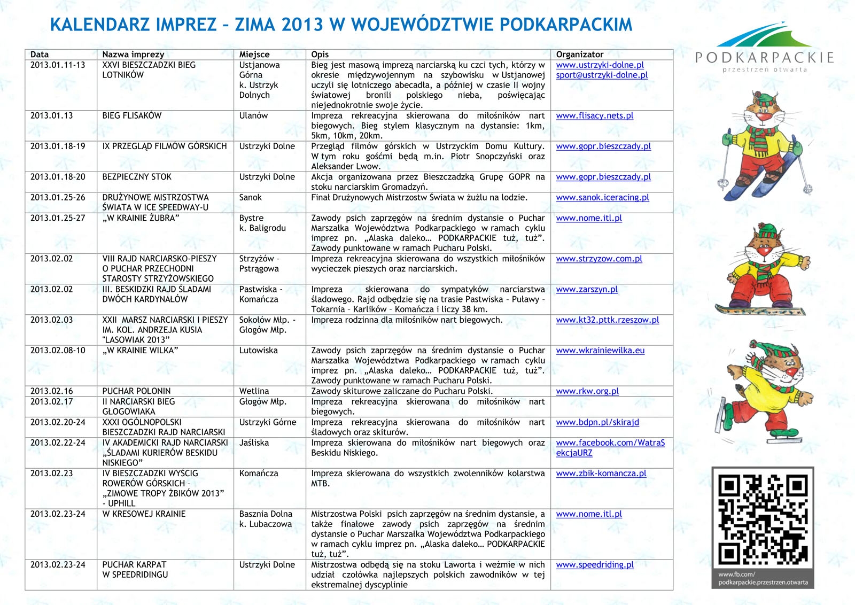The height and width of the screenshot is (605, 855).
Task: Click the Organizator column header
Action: pyautogui.click(x=579, y=55)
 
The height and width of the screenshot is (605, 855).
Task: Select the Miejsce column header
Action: pyautogui.click(x=254, y=55)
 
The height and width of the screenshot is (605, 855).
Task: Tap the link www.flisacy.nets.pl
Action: pyautogui.click(x=594, y=115)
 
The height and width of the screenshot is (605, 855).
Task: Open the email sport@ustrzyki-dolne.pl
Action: pyautogui.click(x=602, y=75)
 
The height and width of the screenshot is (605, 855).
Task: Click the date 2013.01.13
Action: pyautogui.click(x=52, y=115)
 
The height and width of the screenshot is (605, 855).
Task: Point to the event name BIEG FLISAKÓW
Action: pyautogui.click(x=132, y=115)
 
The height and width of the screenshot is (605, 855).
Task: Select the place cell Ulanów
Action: pyautogui.click(x=253, y=115)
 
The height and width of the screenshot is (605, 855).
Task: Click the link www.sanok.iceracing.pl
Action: pyautogui.click(x=602, y=197)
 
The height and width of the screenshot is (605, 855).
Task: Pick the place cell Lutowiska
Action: pyautogui.click(x=258, y=351)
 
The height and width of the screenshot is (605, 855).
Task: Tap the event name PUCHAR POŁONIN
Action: pyautogui.click(x=137, y=391)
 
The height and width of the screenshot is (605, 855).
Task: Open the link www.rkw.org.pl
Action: pyautogui.click(x=587, y=391)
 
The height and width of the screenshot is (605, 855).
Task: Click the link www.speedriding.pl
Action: pyautogui.click(x=595, y=565)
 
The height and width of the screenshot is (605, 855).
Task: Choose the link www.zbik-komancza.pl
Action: pyautogui.click(x=601, y=474)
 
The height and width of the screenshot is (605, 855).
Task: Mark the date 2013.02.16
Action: pyautogui.click(x=52, y=391)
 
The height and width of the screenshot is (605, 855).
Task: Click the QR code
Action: pyautogui.click(x=763, y=519)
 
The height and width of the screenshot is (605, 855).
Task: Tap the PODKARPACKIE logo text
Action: pyautogui.click(x=765, y=57)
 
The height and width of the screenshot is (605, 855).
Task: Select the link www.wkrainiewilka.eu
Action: pyautogui.click(x=600, y=351)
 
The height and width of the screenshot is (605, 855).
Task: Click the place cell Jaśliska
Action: pyautogui.click(x=254, y=443)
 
